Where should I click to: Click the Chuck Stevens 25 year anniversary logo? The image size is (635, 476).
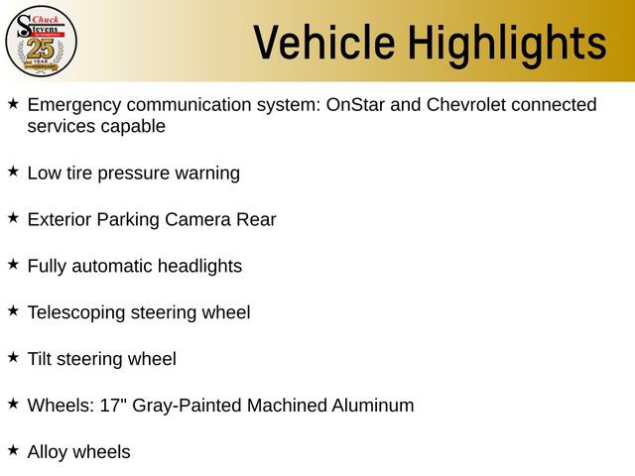click(x=41, y=40)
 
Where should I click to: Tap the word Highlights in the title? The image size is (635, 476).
click(x=508, y=43)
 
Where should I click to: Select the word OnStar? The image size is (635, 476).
click(x=352, y=104)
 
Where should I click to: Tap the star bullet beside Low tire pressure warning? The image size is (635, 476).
click(x=13, y=172)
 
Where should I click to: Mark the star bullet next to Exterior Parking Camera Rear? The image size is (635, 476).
click(x=13, y=218)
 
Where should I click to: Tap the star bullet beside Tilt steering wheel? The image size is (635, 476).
click(x=13, y=357)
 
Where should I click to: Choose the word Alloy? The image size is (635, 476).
click(x=48, y=452)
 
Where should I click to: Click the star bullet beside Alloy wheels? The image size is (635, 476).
click(x=13, y=450)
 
